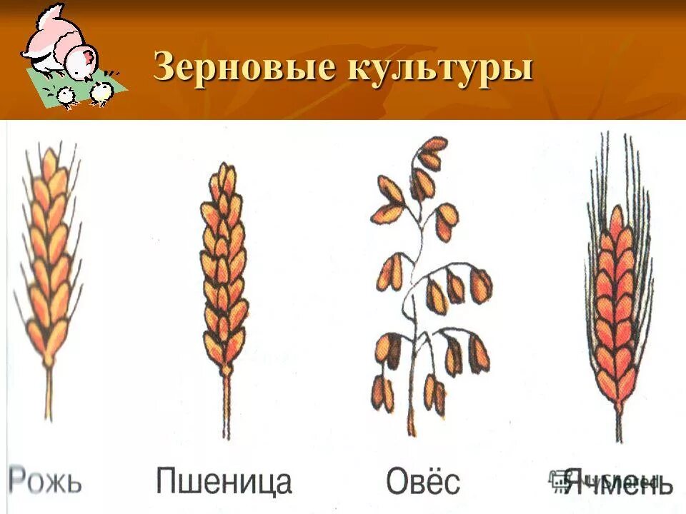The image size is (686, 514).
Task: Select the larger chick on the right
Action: pos(101,93)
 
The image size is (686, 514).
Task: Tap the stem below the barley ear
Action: pos(619,421)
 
